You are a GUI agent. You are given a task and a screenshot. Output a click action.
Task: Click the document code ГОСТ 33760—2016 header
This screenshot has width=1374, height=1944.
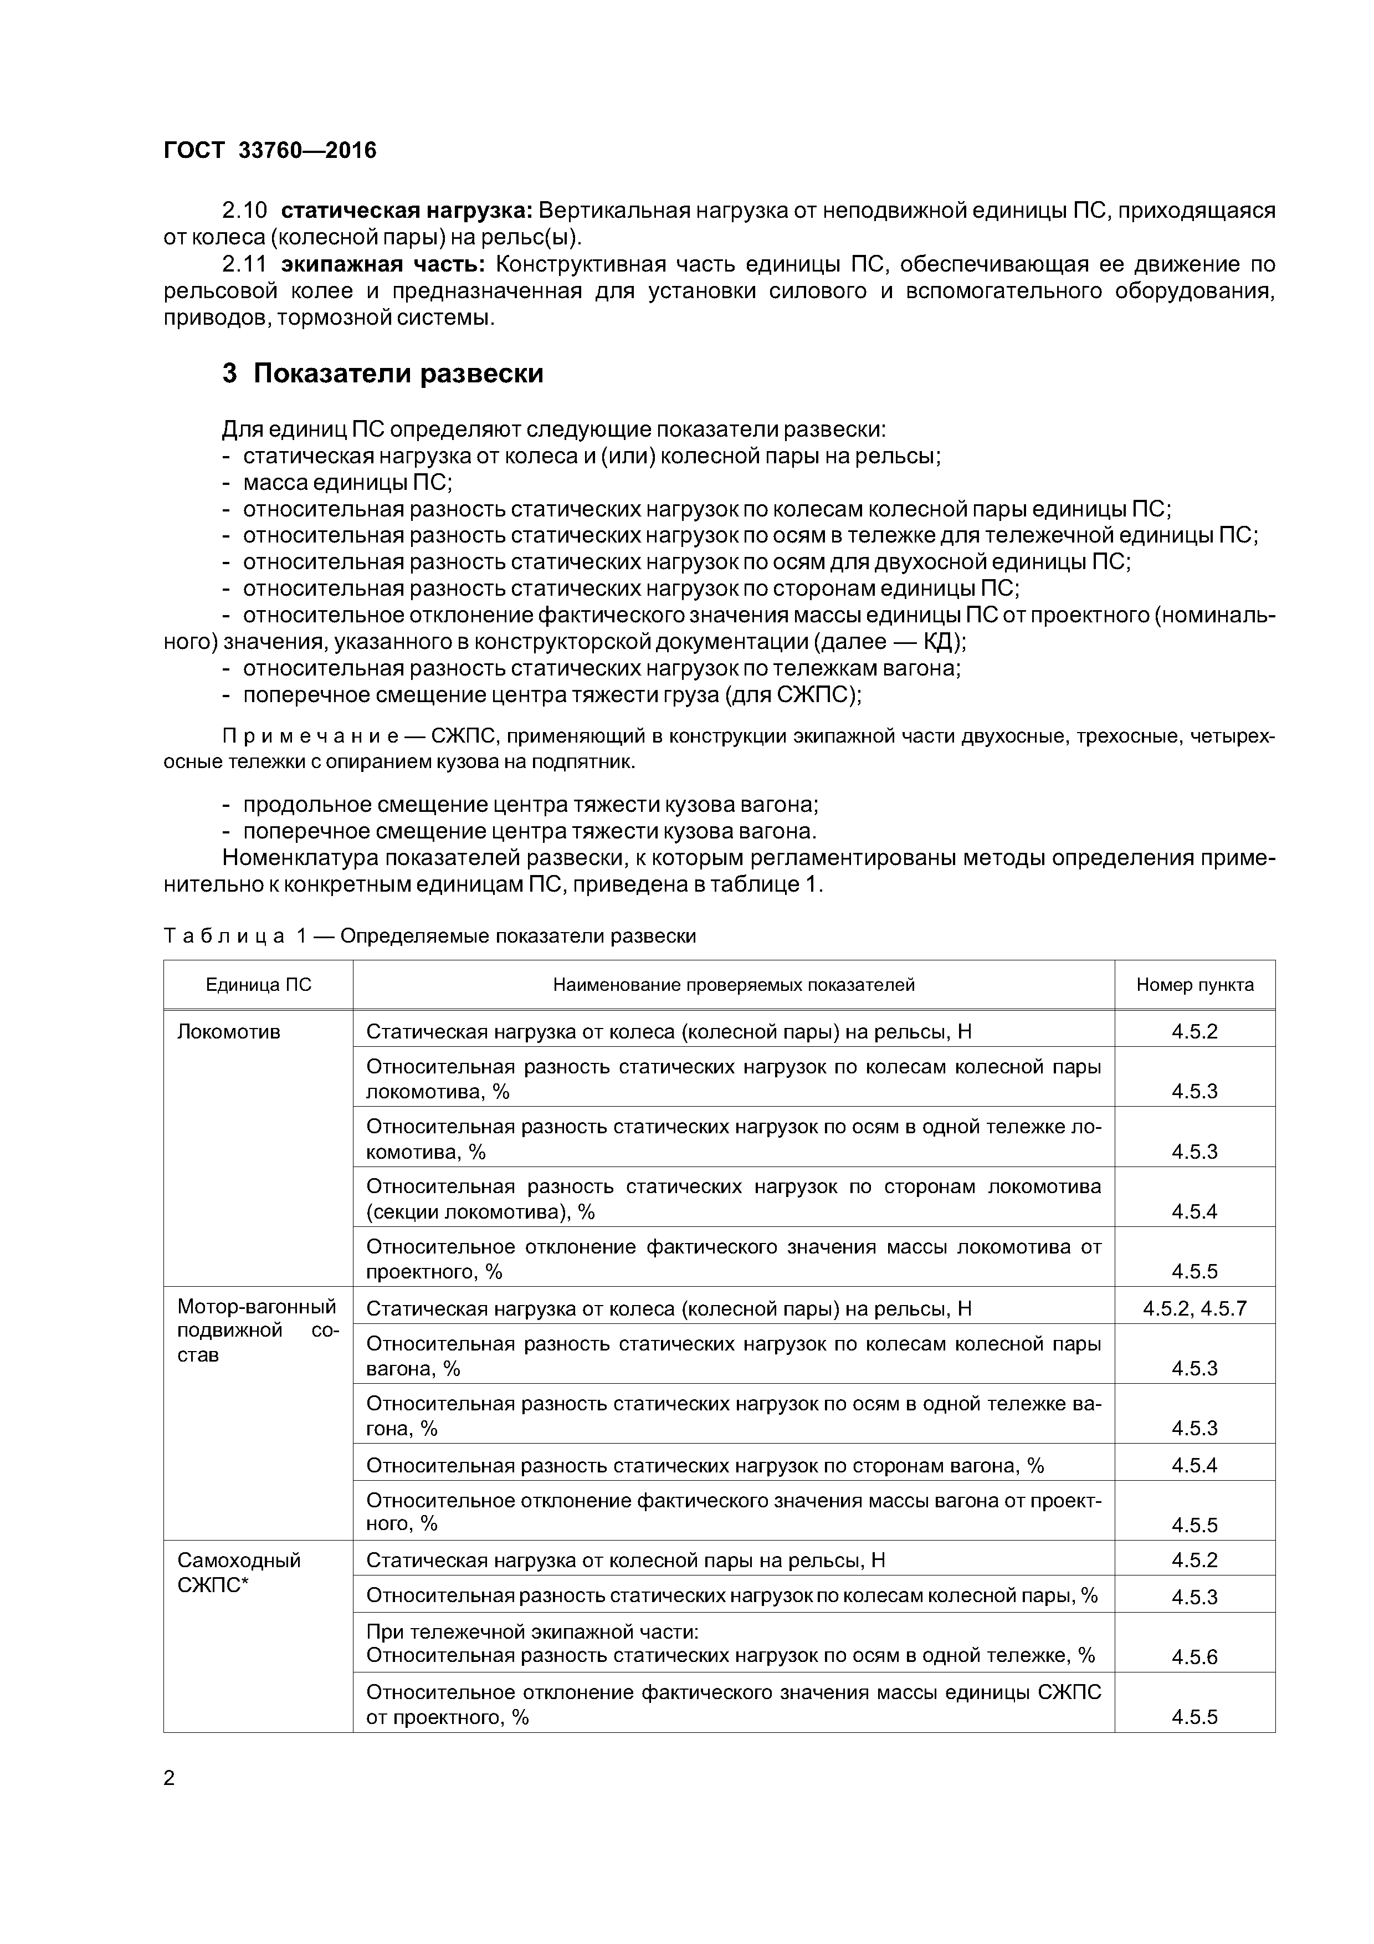point(269,151)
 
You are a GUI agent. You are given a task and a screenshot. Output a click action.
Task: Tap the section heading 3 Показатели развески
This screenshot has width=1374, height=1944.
point(383,374)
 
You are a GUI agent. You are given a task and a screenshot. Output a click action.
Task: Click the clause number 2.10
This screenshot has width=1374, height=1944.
point(244,210)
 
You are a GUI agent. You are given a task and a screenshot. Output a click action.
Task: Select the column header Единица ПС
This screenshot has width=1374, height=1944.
point(258,985)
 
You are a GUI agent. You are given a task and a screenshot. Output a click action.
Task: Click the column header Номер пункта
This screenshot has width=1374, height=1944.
point(1194,985)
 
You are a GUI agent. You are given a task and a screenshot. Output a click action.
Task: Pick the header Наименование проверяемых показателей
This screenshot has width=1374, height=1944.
point(733,985)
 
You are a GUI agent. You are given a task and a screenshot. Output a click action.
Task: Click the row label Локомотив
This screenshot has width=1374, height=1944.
point(229,1031)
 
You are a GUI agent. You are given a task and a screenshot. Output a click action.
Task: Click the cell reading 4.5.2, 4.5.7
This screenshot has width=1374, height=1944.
point(1194,1308)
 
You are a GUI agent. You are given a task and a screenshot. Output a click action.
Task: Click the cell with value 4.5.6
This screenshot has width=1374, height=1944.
point(1194,1657)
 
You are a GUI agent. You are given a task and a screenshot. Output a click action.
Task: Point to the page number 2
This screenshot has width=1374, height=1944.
point(170,1778)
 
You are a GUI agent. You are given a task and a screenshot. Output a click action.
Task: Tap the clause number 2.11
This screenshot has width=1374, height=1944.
point(244,265)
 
